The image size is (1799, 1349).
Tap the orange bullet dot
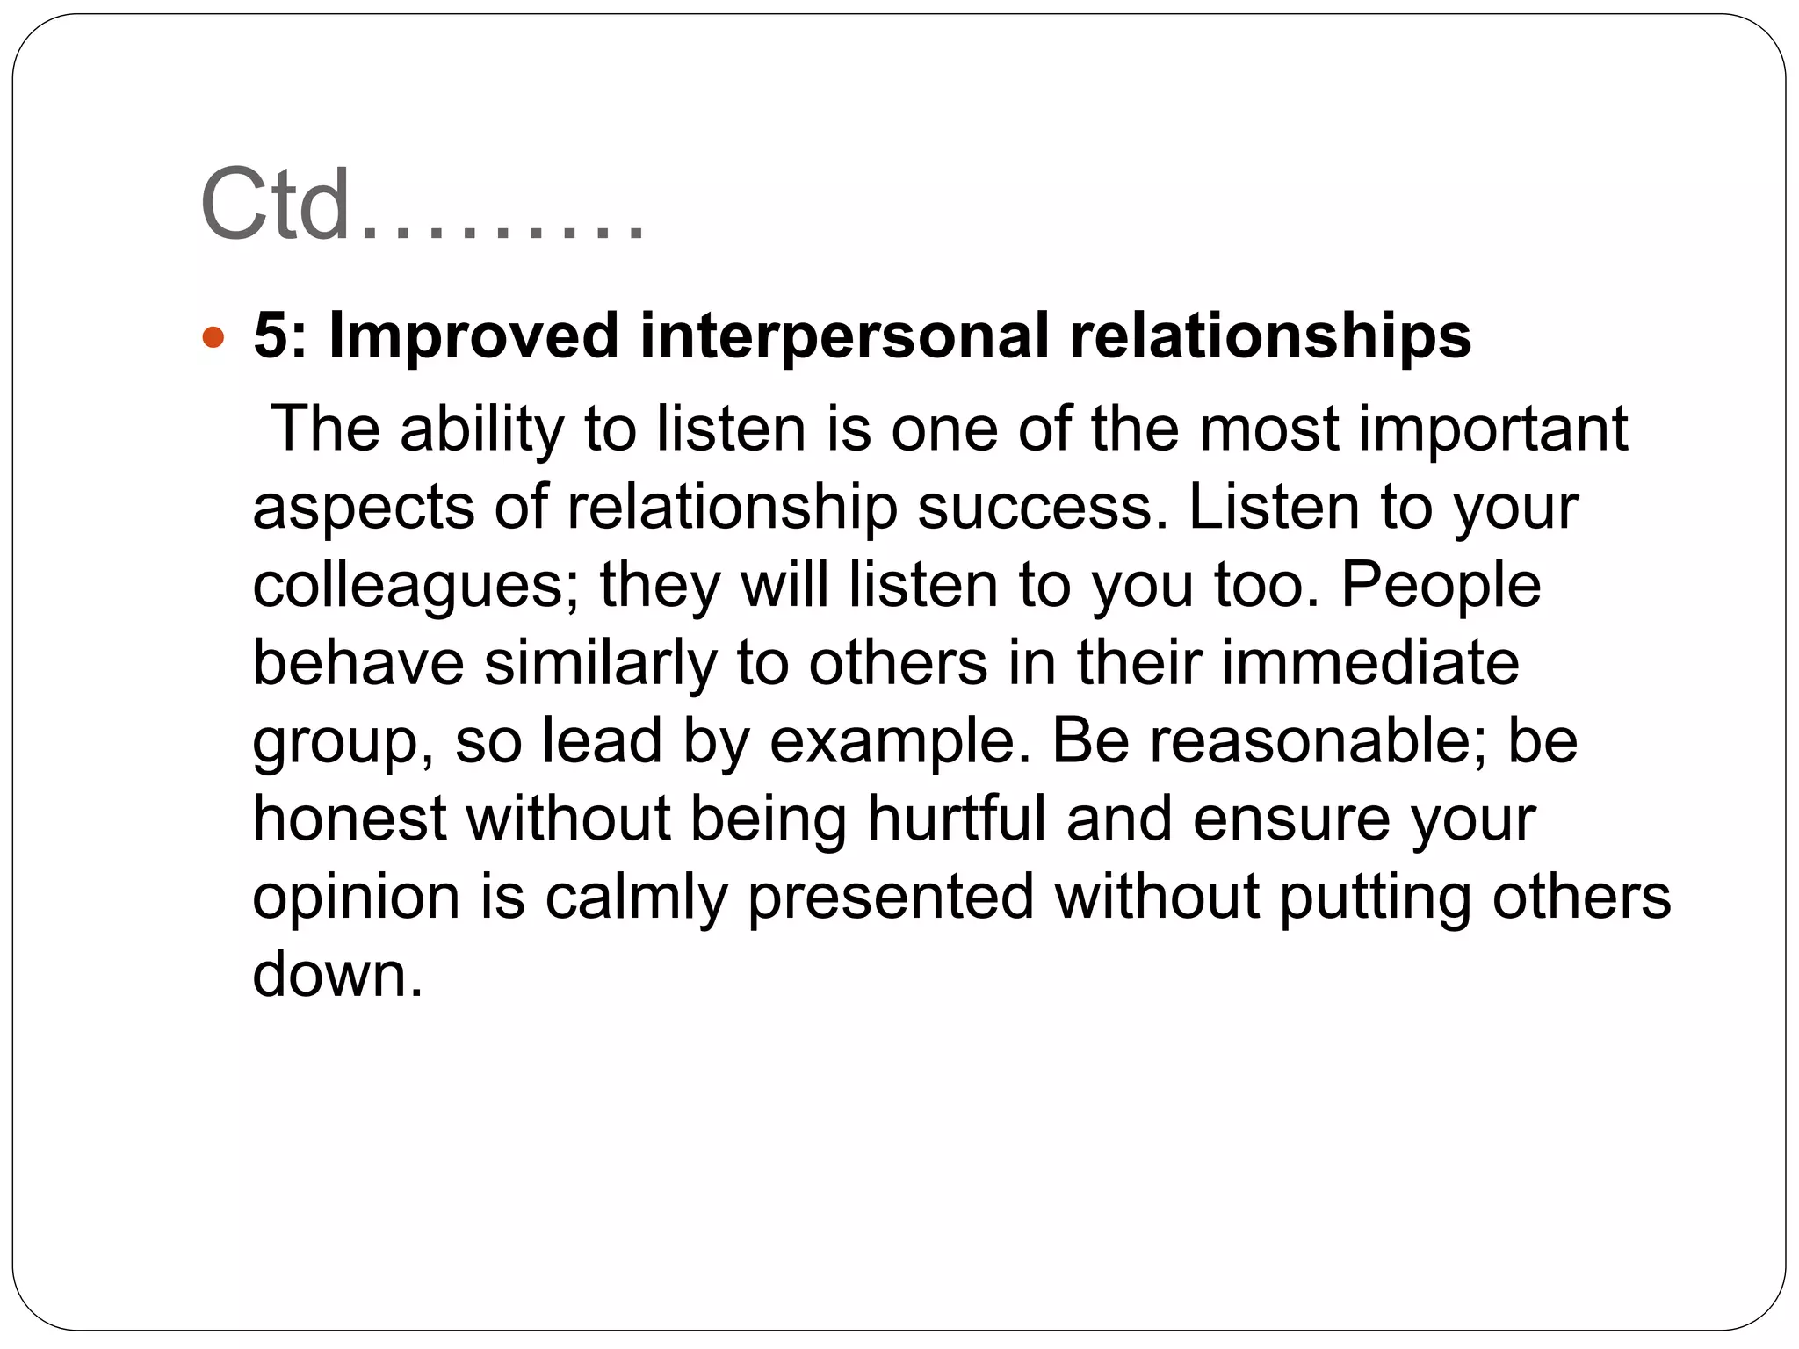213,336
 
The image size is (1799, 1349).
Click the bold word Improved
473,336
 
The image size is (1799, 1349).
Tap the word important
1493,430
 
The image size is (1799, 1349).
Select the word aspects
363,509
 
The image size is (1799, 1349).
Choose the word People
1441,585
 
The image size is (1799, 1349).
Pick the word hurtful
957,819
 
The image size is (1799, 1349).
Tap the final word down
337,975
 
